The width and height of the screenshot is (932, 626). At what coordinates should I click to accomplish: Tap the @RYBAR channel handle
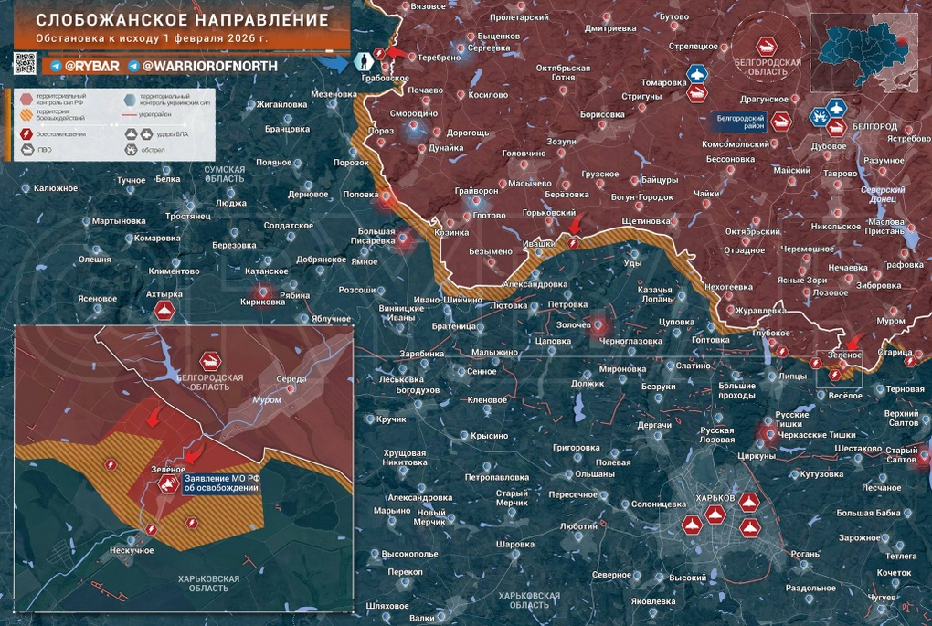pos(88,66)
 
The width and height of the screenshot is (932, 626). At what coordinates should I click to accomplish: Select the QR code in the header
pos(25,64)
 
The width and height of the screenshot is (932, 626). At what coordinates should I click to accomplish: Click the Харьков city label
pos(715,496)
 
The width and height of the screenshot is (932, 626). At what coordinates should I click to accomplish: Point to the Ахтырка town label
pos(164,294)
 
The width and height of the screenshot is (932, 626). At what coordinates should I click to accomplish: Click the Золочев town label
pos(572,324)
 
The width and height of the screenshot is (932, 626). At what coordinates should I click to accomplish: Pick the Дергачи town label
pos(654,425)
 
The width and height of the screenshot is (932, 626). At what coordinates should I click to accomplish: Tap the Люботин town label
pos(577,527)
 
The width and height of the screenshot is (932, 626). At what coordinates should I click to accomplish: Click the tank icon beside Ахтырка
pos(164,312)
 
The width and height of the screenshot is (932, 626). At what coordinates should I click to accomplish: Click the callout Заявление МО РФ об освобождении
pos(221,483)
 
